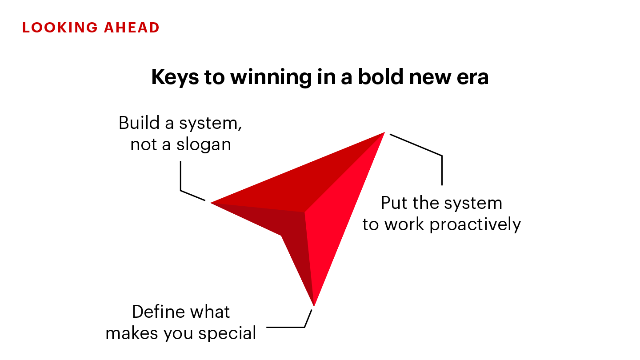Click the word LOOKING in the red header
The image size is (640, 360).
[60, 28]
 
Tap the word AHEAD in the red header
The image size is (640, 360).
[132, 28]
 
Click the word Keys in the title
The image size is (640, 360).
[175, 78]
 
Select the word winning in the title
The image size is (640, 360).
[271, 78]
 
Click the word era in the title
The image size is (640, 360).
[472, 78]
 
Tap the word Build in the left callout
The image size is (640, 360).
[139, 123]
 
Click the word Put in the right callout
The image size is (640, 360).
[394, 203]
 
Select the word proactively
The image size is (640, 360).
[475, 225]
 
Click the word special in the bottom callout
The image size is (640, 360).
[227, 334]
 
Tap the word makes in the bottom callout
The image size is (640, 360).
[132, 333]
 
